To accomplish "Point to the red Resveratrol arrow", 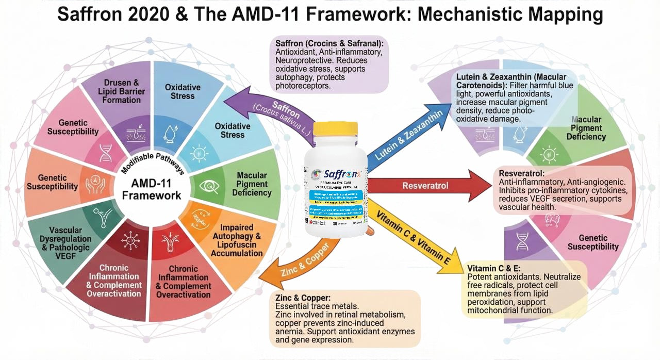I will tap(433, 185).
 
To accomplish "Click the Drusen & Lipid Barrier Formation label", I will tap(122, 91).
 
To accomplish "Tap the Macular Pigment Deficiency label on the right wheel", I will tap(586, 128).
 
